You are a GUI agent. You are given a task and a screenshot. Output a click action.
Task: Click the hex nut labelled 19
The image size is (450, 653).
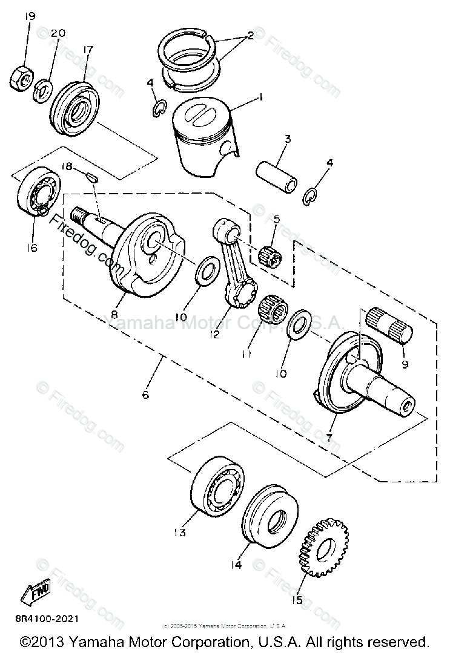(21, 76)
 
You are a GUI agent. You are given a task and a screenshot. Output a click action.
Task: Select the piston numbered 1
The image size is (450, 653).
(200, 136)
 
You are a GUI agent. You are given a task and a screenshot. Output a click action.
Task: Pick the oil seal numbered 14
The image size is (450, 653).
(270, 520)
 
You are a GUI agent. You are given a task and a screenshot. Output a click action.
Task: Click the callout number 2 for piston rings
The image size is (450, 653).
(248, 36)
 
